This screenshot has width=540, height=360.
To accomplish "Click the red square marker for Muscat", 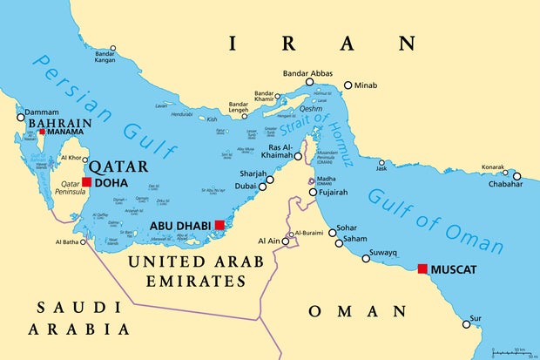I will click(x=422, y=268).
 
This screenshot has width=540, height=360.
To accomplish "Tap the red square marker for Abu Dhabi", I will click(x=219, y=225).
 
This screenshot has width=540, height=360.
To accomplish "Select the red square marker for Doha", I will click(x=86, y=182).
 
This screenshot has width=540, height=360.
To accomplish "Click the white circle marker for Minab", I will click(x=348, y=85).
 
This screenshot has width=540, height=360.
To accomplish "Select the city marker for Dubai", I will click(x=270, y=180).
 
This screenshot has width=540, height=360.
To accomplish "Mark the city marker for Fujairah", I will click(x=313, y=192).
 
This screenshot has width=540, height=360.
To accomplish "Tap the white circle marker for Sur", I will click(x=467, y=324).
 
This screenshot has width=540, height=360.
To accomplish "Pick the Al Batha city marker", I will click(x=84, y=242).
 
